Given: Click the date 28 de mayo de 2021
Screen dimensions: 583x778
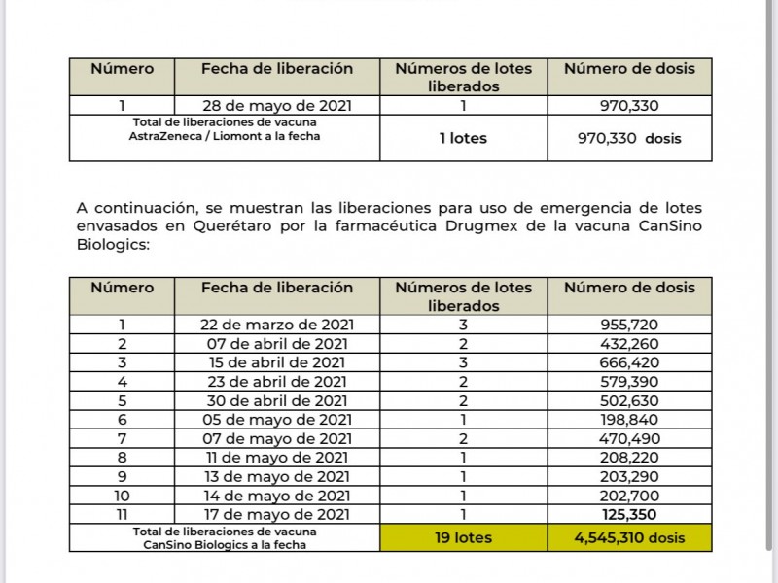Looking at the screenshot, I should (276, 106).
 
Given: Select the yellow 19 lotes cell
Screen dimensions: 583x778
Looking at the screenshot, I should (463, 537).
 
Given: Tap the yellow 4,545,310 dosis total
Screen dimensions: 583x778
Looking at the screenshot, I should (629, 537).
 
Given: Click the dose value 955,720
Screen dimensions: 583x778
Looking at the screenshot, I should (629, 325).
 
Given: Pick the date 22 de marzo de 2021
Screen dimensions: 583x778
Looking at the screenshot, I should (276, 325).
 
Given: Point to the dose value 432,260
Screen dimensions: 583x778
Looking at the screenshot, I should (629, 344).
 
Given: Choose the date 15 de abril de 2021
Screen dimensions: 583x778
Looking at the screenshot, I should (276, 362).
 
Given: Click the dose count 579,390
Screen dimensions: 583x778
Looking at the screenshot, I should (629, 382).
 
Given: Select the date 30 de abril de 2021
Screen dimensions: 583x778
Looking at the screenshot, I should (276, 400).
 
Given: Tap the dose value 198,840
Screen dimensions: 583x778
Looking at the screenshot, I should (629, 420).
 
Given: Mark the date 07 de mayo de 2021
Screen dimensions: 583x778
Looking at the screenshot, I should (276, 438).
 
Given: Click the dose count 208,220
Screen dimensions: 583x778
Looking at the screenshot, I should (629, 458).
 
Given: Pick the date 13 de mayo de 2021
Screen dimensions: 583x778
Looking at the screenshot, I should (276, 476).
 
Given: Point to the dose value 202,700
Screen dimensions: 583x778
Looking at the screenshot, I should (629, 496).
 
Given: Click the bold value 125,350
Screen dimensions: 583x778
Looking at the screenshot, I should (629, 514).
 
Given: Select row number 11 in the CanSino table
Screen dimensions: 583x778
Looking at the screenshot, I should (122, 514).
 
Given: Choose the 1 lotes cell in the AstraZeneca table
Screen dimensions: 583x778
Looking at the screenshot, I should (463, 138).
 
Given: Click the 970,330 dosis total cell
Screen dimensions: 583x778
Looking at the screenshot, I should (629, 138).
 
